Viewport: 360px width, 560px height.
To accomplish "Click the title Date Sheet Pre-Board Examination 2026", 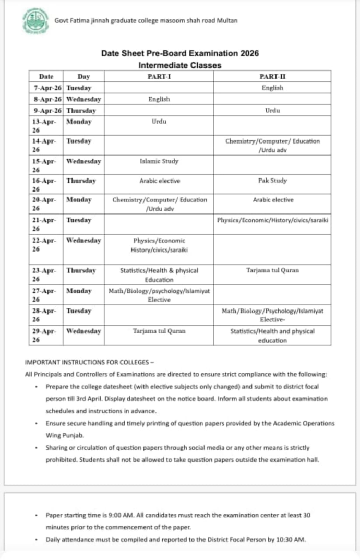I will tap(179, 53).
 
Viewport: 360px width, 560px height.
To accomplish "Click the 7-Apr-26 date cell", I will tap(47, 88).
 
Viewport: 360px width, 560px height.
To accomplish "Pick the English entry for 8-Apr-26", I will tap(159, 99).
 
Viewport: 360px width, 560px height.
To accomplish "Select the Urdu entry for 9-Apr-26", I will tap(272, 111).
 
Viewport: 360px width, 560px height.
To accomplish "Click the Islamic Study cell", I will tap(159, 161).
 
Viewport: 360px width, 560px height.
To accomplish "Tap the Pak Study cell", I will tap(272, 181).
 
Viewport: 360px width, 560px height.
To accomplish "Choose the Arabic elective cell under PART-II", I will tap(272, 200).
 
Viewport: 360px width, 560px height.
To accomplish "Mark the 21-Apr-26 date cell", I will tap(47, 224).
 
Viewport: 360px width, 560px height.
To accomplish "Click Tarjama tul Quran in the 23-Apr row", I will tap(272, 270).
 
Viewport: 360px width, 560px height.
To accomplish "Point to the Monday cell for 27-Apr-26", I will tap(79, 291).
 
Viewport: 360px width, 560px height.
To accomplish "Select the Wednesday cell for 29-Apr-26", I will tap(83, 331).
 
